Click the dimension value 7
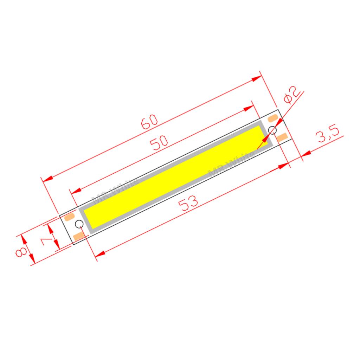pos(45,242)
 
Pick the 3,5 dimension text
pos(328,135)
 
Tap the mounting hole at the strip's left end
pos(79,224)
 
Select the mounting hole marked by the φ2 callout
pos(272,130)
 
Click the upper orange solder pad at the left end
pos(70,217)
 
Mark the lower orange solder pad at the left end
pos(79,235)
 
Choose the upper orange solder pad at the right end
pos(273,118)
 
